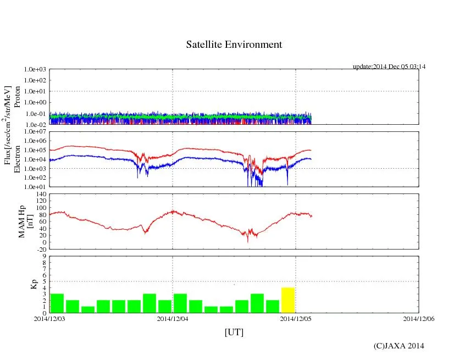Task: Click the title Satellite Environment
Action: tap(234, 45)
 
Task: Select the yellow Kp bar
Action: tap(288, 300)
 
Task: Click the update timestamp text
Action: tap(389, 67)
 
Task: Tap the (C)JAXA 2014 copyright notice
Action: tap(398, 346)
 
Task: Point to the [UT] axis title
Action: tap(234, 332)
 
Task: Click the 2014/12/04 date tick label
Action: tap(173, 318)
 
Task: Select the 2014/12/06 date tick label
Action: tap(419, 318)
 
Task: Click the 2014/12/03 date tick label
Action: tap(49, 318)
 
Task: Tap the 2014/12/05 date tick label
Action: tap(296, 318)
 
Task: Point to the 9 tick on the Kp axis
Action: tap(43, 256)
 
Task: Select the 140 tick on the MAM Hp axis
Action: tap(40, 194)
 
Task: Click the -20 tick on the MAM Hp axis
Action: tap(41, 249)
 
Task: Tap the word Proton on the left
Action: tap(16, 96)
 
